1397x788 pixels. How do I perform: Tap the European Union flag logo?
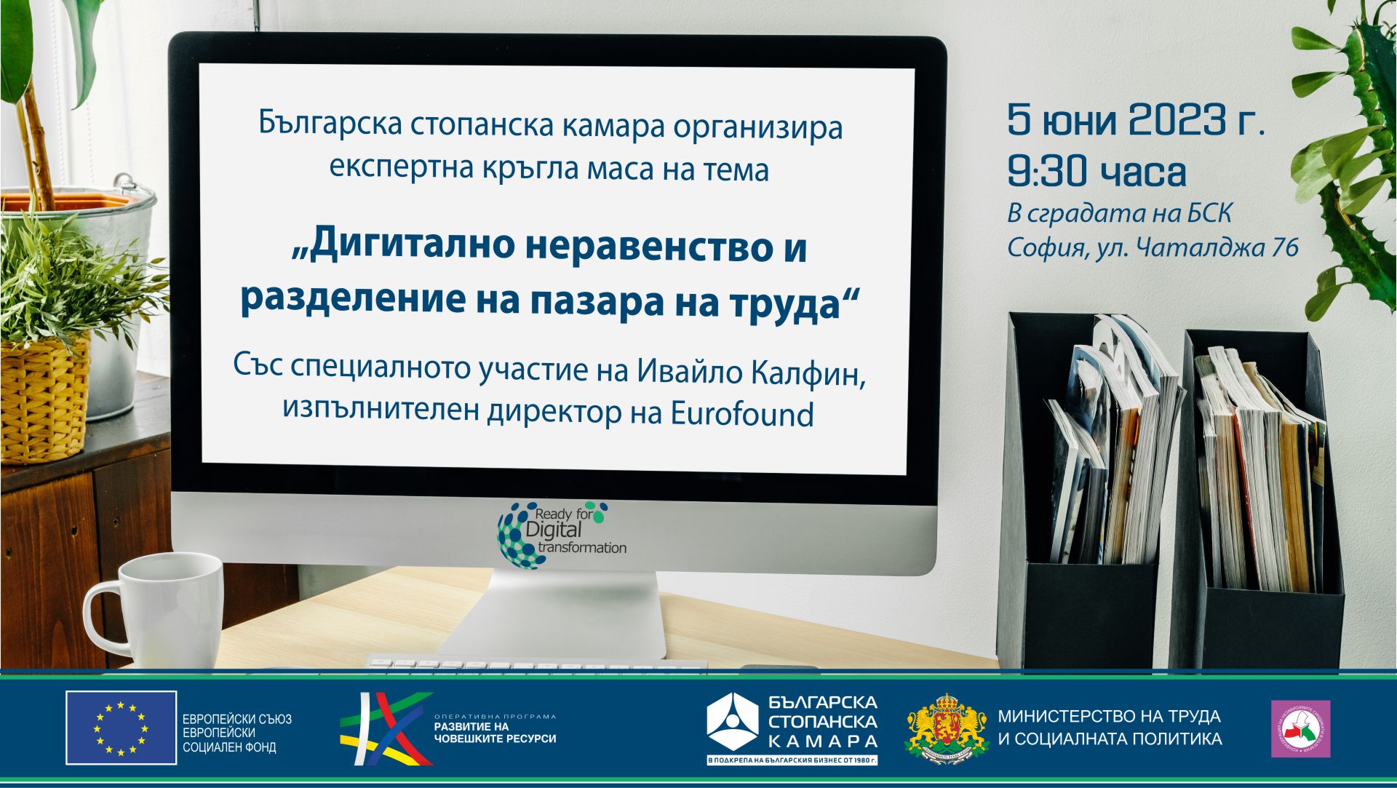121,728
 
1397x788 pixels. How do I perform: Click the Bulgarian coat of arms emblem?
946,728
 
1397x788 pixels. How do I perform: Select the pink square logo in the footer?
1300,728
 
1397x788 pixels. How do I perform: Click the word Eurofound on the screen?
741,414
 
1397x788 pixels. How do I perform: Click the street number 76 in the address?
1285,248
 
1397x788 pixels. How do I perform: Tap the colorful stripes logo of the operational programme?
386,728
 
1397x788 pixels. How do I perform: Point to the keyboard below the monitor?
535,664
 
